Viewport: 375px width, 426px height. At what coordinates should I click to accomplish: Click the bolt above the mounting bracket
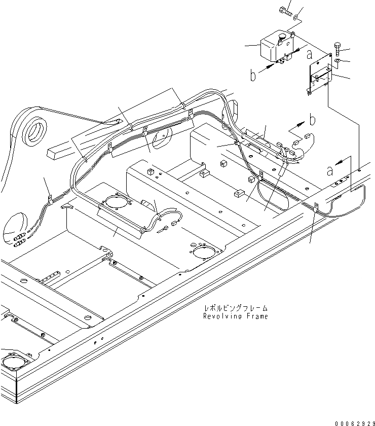tap(339, 49)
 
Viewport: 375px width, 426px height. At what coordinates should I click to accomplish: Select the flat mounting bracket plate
tap(319, 76)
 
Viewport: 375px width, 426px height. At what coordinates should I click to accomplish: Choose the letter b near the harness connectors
tap(313, 120)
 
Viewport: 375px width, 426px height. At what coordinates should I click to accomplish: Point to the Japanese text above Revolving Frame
tap(235, 308)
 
